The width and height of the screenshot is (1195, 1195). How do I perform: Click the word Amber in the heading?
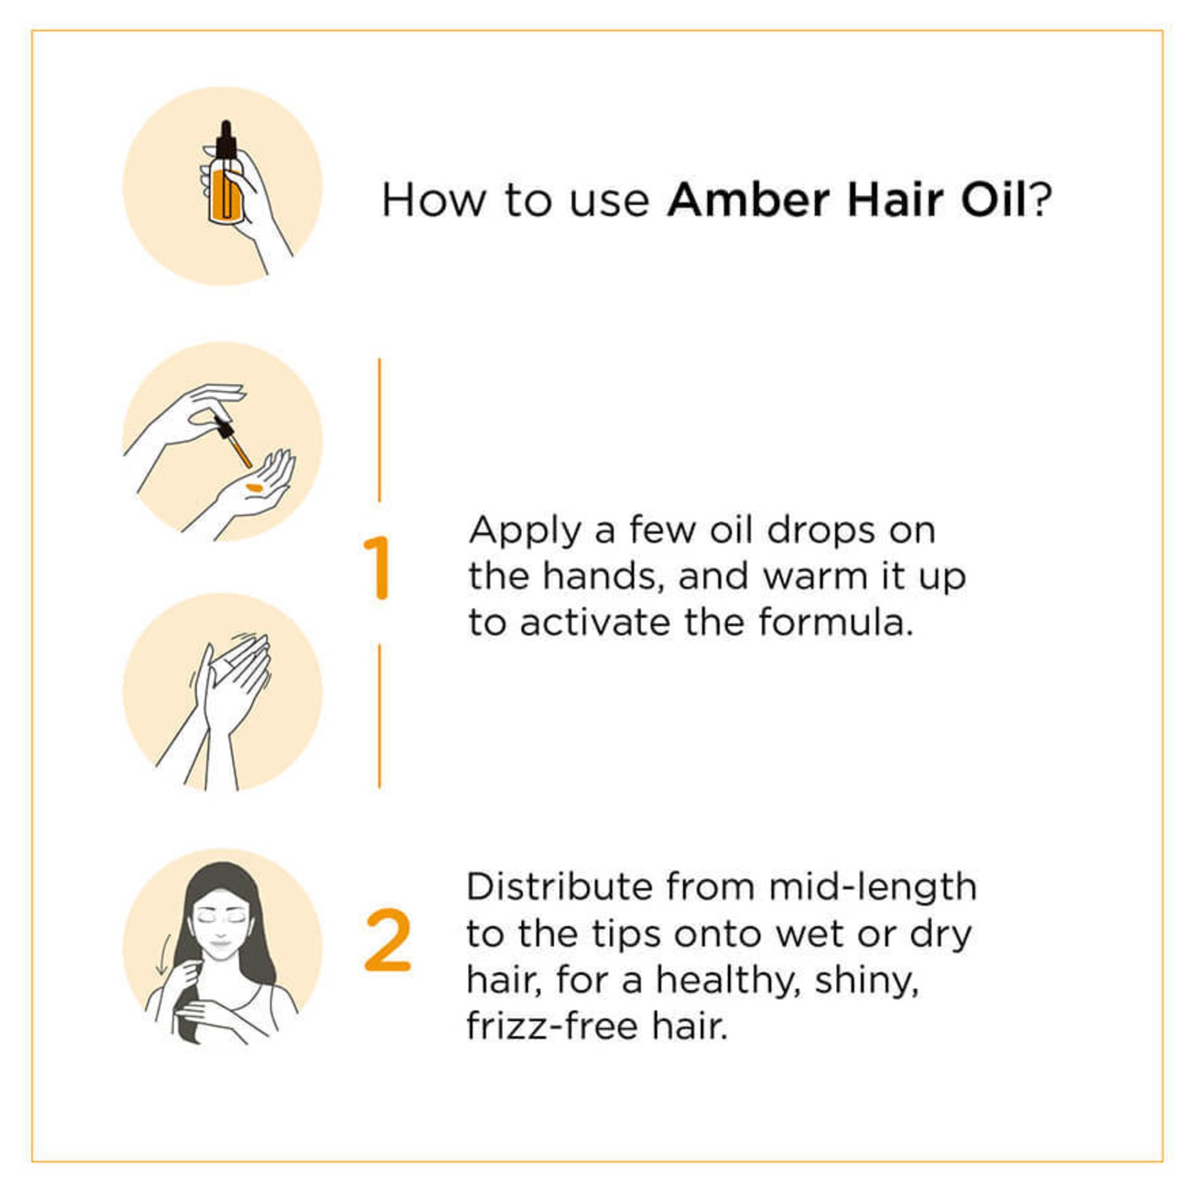[x=749, y=200]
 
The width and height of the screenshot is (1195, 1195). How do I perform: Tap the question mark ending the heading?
[x=1041, y=199]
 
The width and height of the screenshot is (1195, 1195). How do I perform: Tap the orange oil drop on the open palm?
[x=254, y=488]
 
